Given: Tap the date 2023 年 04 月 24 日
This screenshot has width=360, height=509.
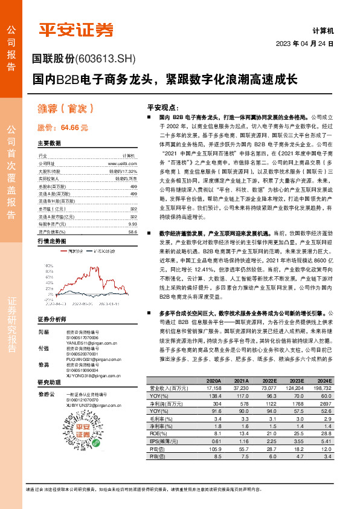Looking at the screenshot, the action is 304,44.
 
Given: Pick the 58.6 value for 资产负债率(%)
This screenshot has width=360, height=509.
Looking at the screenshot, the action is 132,232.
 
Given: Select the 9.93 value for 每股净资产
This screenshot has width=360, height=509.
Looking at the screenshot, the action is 132,224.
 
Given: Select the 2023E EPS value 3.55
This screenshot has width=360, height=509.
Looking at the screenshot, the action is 295,442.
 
